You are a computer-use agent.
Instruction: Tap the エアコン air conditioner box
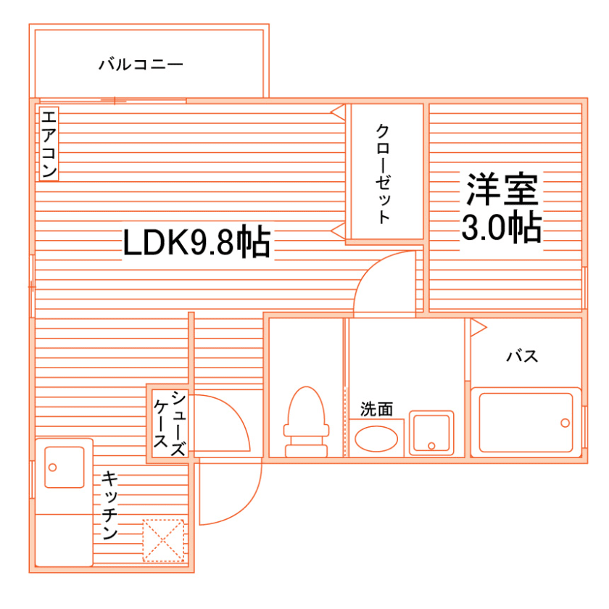[49, 144]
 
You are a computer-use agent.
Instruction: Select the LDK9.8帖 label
[196, 243]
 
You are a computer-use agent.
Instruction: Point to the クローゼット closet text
[384, 174]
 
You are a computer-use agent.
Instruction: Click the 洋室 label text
[502, 190]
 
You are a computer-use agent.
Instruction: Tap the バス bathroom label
[522, 356]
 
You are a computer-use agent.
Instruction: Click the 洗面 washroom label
[377, 410]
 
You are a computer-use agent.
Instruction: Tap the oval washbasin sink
[377, 438]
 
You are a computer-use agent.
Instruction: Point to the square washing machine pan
[431, 433]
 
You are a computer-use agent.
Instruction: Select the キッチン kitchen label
[110, 505]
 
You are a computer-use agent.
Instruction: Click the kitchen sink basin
[64, 468]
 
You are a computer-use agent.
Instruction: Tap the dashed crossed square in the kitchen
[163, 539]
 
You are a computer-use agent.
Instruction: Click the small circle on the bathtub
[564, 422]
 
